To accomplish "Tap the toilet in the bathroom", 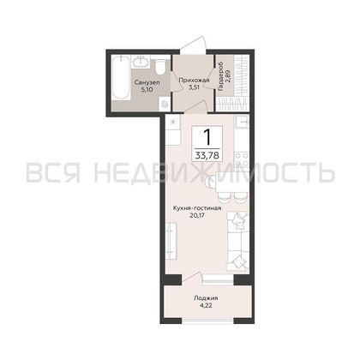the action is (160, 67).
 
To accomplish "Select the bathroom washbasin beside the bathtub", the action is (141, 62).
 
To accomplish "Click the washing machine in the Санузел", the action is (165, 104).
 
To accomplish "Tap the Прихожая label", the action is (194, 81).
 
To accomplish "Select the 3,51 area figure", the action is (194, 87).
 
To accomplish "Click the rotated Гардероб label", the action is (220, 77).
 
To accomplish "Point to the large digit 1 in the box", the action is (207, 137).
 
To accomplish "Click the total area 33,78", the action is (207, 156).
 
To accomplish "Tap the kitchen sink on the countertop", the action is (242, 123).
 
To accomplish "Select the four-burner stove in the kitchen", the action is (242, 159).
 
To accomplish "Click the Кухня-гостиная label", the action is (197, 208).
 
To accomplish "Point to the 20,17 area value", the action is (197, 215).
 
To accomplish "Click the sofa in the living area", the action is (237, 241).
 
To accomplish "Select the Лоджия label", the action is (206, 298).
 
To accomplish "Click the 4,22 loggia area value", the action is (206, 305).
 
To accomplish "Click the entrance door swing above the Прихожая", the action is (193, 44).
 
